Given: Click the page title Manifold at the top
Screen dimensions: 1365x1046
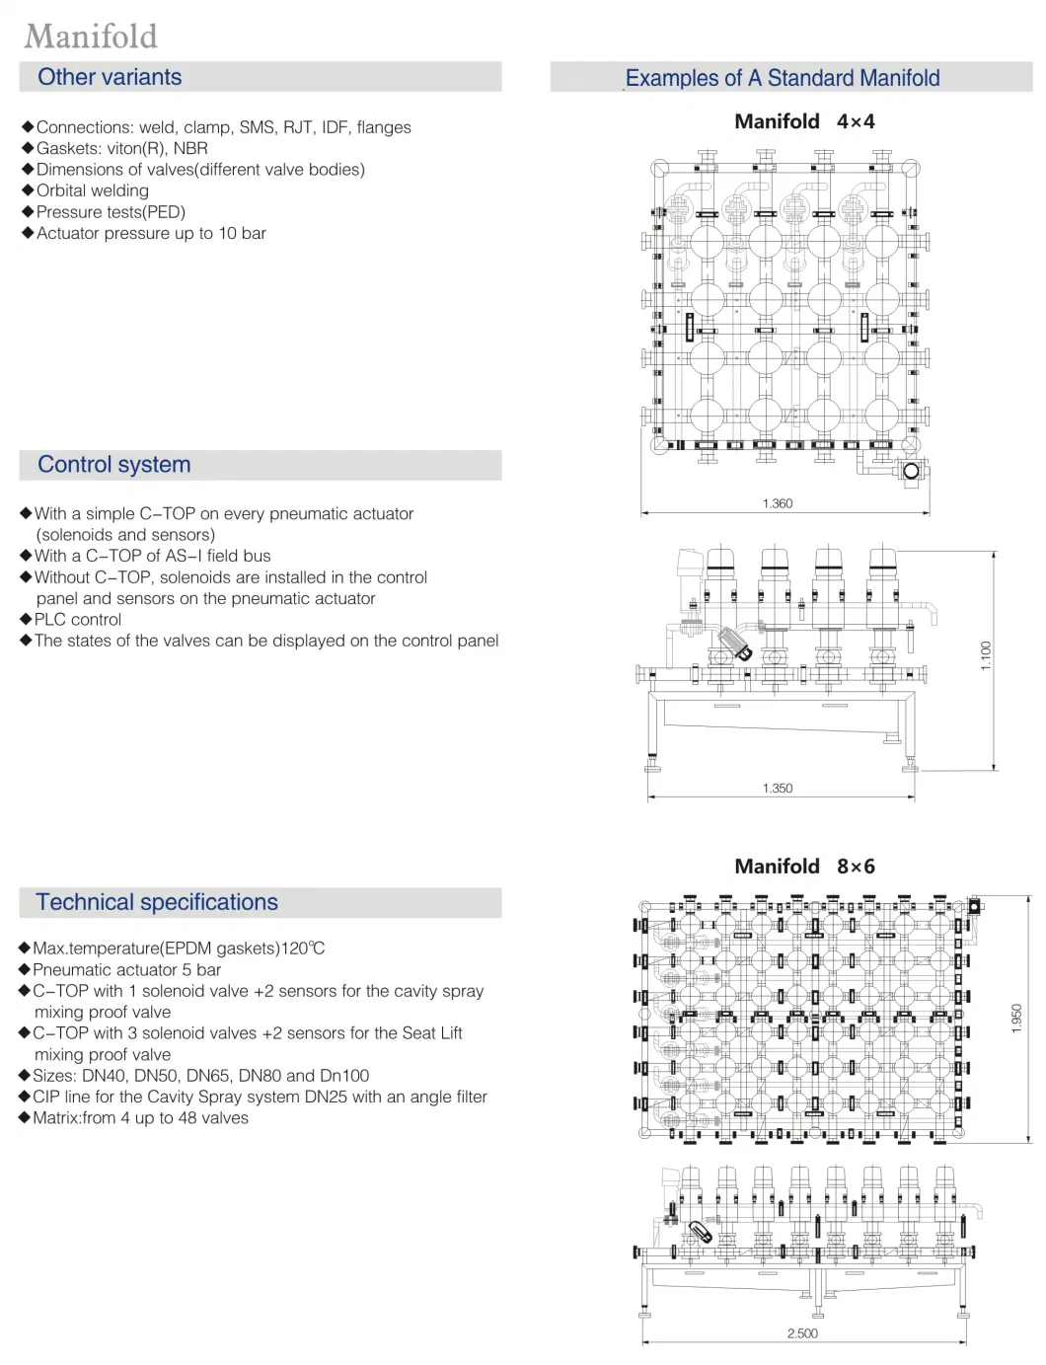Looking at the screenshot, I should click(x=91, y=37).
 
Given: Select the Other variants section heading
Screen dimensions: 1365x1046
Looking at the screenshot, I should click(x=110, y=77).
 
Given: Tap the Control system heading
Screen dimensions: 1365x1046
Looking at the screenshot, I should click(x=113, y=465).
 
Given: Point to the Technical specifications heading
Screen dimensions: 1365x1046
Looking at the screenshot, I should click(x=157, y=902).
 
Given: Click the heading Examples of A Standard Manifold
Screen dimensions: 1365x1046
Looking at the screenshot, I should click(x=783, y=78).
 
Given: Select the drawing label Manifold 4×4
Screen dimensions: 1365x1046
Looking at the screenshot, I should click(x=804, y=121).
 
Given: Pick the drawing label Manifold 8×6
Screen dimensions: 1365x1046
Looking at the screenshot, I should click(x=804, y=867).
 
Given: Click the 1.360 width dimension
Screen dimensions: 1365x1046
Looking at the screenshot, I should click(x=778, y=503).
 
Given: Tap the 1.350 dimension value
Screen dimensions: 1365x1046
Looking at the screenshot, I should click(x=778, y=789).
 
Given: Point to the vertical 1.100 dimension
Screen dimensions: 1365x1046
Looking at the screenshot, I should click(x=986, y=655).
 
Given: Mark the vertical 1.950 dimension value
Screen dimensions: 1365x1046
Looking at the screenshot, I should click(x=1017, y=1019).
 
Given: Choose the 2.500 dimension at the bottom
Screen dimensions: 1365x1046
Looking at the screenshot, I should click(x=802, y=1333).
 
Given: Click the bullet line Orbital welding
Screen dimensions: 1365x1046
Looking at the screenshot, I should click(x=93, y=190).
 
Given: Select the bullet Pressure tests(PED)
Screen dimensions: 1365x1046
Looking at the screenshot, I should click(x=111, y=212).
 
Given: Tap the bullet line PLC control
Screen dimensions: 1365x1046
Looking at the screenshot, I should click(x=78, y=620).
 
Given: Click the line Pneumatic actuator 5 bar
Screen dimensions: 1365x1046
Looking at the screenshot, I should click(x=127, y=970).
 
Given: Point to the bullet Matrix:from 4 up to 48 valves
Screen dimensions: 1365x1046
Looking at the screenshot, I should click(x=140, y=1118).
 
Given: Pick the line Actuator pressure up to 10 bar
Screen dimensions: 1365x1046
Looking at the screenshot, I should click(x=151, y=234).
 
